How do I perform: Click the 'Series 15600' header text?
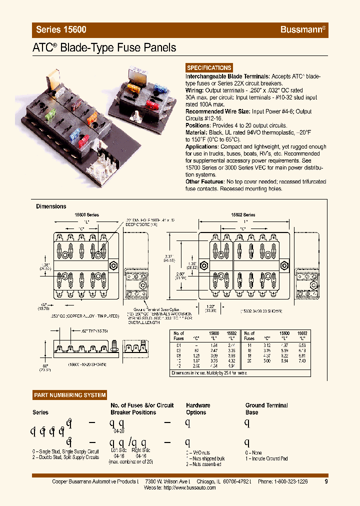61,29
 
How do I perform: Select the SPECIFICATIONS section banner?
209,68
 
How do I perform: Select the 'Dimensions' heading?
51,206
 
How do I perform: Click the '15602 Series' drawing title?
243,214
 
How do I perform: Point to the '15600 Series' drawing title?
86,214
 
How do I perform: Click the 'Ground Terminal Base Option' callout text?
146,310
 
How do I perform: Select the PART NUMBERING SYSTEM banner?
70,395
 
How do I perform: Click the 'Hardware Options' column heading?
198,409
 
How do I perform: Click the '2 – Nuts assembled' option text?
203,464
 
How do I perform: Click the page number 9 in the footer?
326,481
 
